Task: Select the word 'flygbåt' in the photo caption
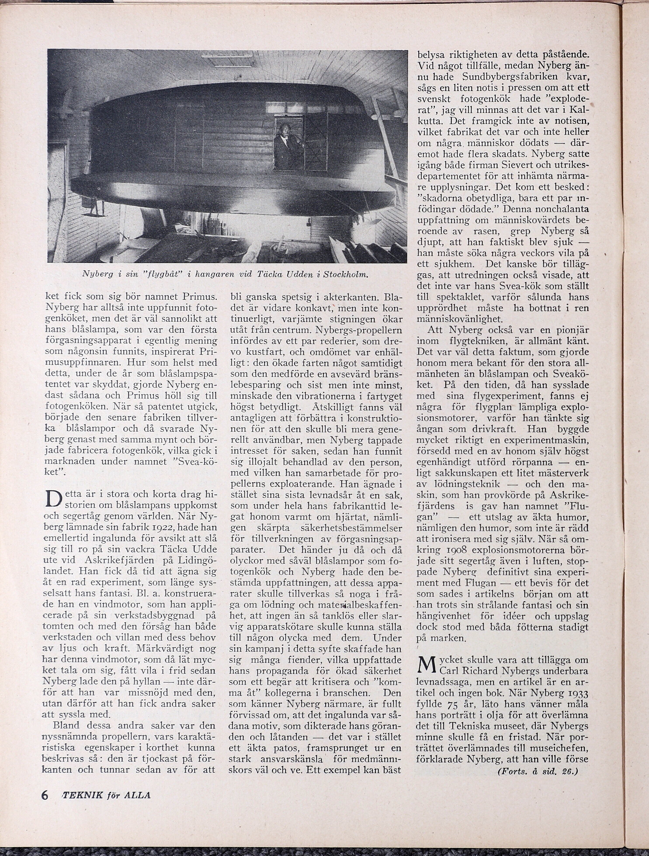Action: click(x=163, y=274)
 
